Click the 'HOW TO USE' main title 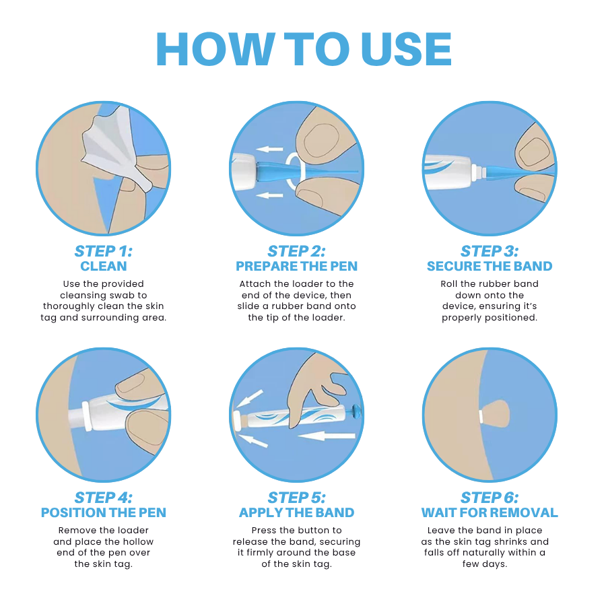303,49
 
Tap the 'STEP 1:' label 103,251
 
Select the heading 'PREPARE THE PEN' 296,266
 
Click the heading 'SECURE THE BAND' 490,266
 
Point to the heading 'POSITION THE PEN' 103,512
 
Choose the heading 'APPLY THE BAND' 296,512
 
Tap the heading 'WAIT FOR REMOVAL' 490,512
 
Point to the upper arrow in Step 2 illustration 270,149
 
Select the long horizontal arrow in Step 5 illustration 327,436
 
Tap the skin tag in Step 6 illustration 498,414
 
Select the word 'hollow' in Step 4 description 137,541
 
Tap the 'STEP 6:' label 490,498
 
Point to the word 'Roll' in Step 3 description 450,283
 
